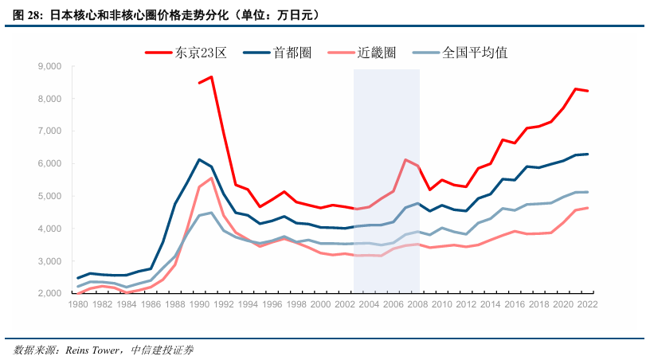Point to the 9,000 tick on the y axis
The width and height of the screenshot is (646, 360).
pyautogui.click(x=50, y=66)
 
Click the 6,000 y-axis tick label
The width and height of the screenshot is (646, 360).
pyautogui.click(x=50, y=163)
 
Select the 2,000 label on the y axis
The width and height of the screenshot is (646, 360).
pyautogui.click(x=50, y=293)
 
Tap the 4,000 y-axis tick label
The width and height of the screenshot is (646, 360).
pyautogui.click(x=50, y=229)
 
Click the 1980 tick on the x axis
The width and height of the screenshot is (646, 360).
pyautogui.click(x=78, y=304)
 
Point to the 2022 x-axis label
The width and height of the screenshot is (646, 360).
pyautogui.click(x=587, y=304)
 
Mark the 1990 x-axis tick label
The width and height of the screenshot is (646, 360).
pyautogui.click(x=199, y=304)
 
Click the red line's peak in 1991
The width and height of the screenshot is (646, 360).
pyautogui.click(x=211, y=77)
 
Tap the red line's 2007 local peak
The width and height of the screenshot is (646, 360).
pyautogui.click(x=405, y=160)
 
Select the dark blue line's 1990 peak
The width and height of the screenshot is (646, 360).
pyautogui.click(x=199, y=160)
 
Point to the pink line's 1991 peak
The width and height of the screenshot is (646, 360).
pyautogui.click(x=211, y=178)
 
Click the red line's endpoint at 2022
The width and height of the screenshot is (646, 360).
pyautogui.click(x=587, y=91)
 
